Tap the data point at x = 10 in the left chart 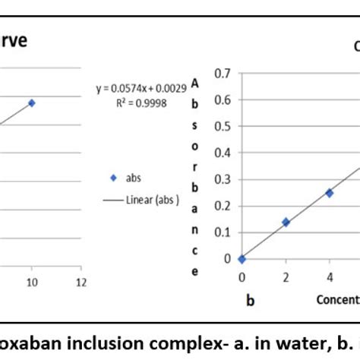coord(32,103)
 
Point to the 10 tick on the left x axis coord(31,282)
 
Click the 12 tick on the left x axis coord(80,282)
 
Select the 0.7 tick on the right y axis coord(222,74)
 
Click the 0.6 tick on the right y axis coord(222,100)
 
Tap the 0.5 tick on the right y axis coord(222,127)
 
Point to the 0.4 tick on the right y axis coord(222,153)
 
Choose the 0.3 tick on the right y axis coord(222,179)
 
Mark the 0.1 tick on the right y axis coord(222,232)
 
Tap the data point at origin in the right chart coord(242,259)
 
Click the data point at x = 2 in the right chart coord(286,222)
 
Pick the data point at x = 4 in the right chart coord(329,193)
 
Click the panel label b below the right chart coord(250,300)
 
